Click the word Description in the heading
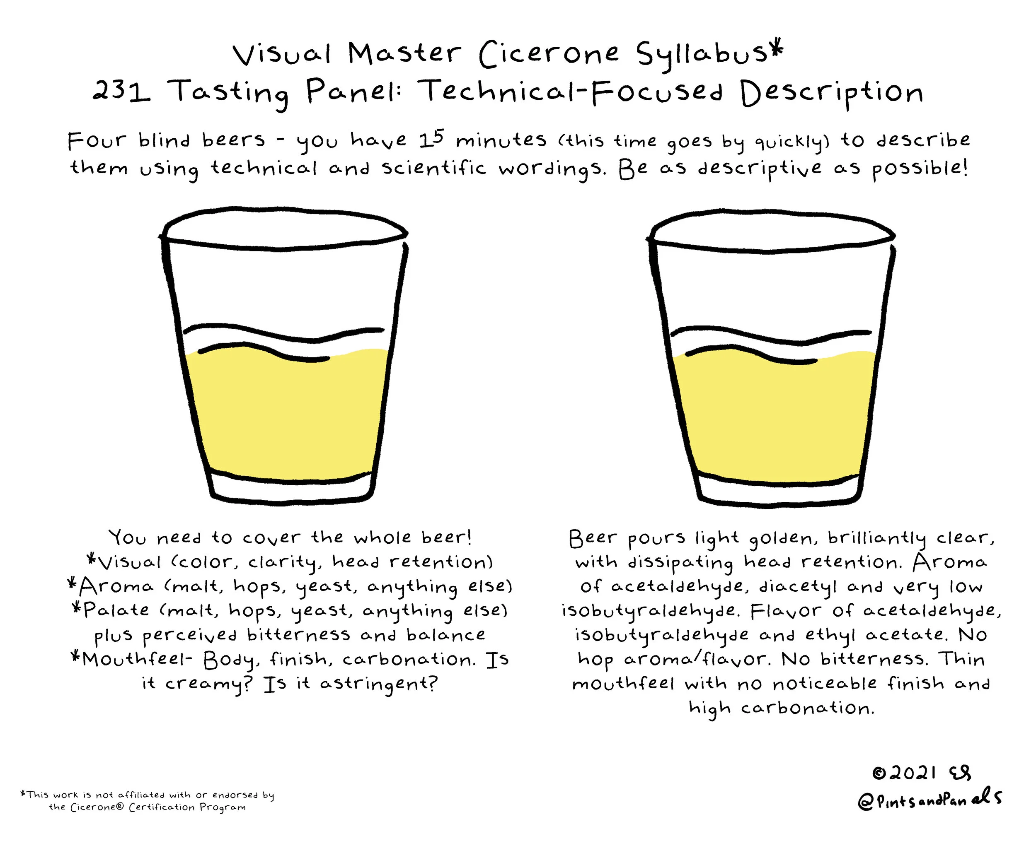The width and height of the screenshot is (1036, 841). pyautogui.click(x=831, y=94)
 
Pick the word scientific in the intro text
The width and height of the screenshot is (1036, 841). pyautogui.click(x=433, y=168)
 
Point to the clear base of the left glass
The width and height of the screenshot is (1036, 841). pyautogui.click(x=292, y=488)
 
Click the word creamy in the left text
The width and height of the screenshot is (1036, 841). pyautogui.click(x=209, y=684)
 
